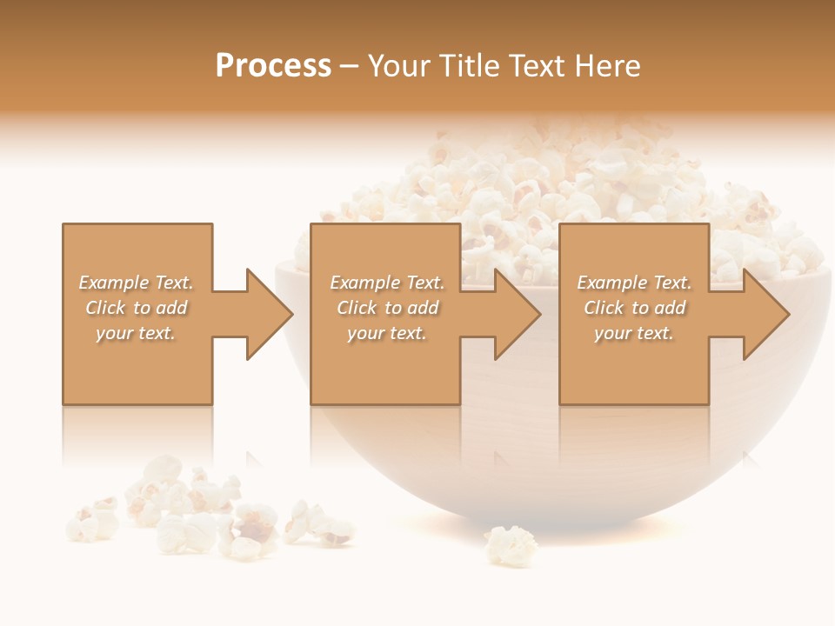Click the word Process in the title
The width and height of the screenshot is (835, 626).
point(273,66)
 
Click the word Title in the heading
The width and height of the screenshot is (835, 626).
point(468,66)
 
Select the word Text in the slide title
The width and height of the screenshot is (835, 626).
point(538,66)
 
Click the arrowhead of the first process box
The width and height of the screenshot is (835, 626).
point(270,314)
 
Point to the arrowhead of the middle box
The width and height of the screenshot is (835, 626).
point(518,314)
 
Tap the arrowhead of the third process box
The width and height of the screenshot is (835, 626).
point(766,314)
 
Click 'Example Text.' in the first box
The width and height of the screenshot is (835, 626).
point(136,283)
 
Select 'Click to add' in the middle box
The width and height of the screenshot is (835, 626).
point(387,308)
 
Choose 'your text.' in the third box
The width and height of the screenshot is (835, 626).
point(634,333)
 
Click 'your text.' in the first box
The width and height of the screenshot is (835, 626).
point(136,333)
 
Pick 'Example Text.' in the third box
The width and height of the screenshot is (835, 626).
point(634,283)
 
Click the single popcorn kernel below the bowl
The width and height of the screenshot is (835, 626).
point(511,545)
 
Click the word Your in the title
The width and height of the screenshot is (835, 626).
point(401,66)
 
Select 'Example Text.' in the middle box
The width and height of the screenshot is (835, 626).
point(387,283)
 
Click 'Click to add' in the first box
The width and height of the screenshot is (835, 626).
point(136,308)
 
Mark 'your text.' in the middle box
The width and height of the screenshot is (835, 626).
point(387,333)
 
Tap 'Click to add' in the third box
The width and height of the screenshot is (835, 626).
point(634,308)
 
